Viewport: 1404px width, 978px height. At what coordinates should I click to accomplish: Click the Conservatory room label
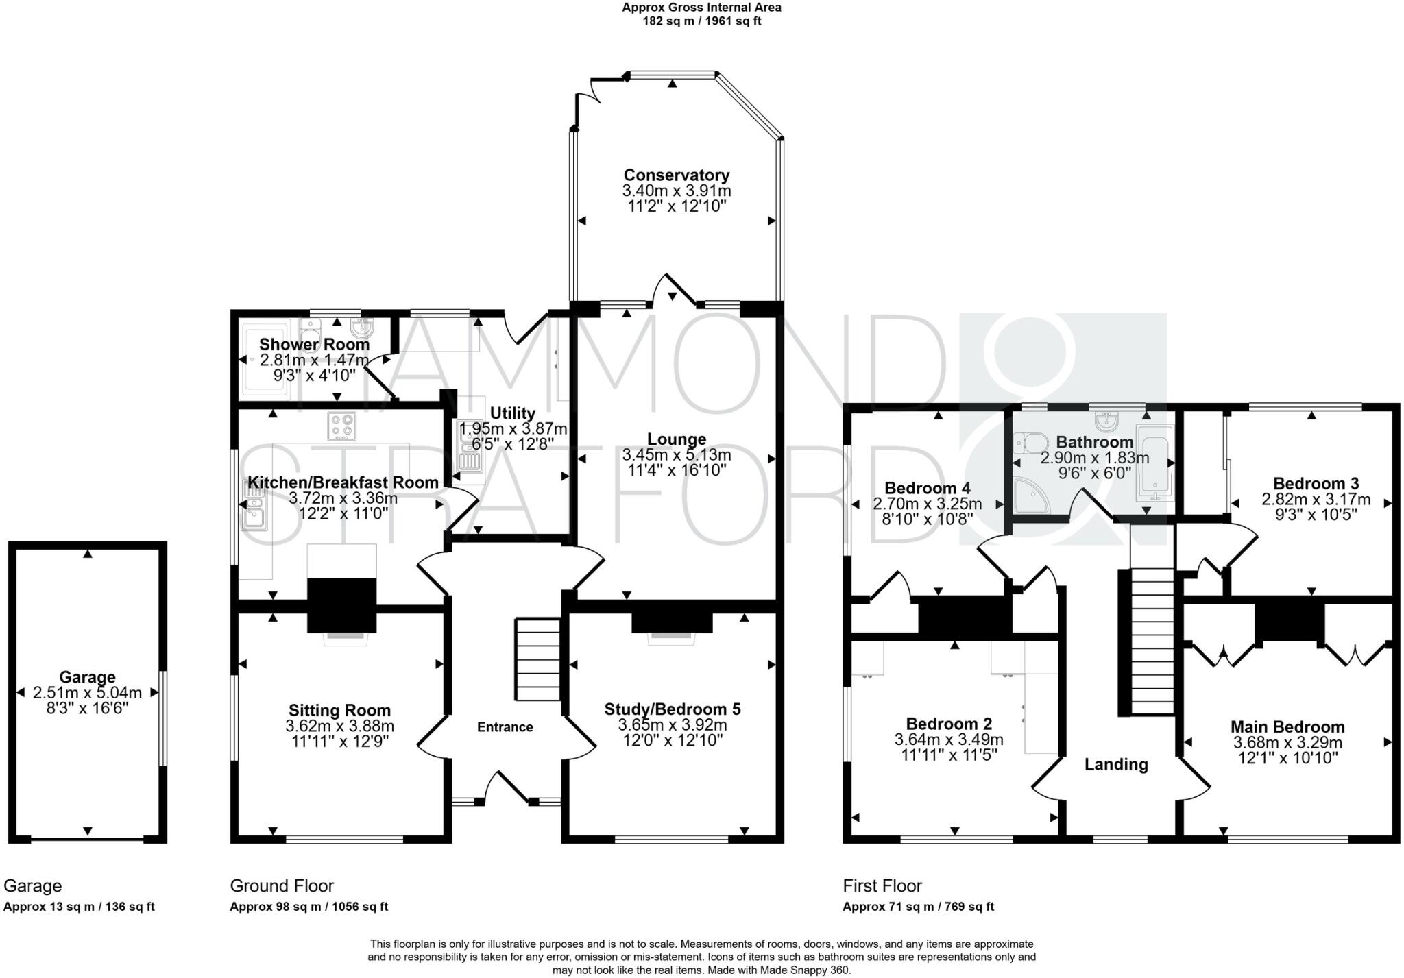pyautogui.click(x=676, y=175)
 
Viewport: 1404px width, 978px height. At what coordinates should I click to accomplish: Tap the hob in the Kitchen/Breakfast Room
pyautogui.click(x=342, y=426)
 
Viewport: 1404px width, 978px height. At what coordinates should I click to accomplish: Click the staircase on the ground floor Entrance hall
pyautogui.click(x=538, y=659)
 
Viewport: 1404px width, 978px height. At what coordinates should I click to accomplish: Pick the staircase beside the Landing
pyautogui.click(x=1152, y=641)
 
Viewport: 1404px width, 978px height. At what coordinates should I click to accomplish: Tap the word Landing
pyautogui.click(x=1115, y=764)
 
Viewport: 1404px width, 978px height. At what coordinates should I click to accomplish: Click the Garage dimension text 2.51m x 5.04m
pyautogui.click(x=87, y=693)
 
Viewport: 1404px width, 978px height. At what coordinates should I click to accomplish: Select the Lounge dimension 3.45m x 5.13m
pyautogui.click(x=676, y=455)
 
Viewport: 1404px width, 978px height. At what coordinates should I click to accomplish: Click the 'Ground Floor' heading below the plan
pyautogui.click(x=282, y=885)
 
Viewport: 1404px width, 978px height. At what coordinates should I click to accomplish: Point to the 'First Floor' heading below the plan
pyautogui.click(x=882, y=885)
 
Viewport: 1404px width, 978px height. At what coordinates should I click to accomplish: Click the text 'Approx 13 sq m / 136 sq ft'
pyautogui.click(x=79, y=907)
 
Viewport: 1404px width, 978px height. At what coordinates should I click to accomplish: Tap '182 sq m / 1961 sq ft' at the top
pyautogui.click(x=701, y=21)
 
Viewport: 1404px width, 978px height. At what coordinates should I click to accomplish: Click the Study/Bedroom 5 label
pyautogui.click(x=672, y=709)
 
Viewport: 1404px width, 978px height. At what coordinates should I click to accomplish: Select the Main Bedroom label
pyautogui.click(x=1287, y=726)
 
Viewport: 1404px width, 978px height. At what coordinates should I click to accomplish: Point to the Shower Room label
pyautogui.click(x=314, y=344)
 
